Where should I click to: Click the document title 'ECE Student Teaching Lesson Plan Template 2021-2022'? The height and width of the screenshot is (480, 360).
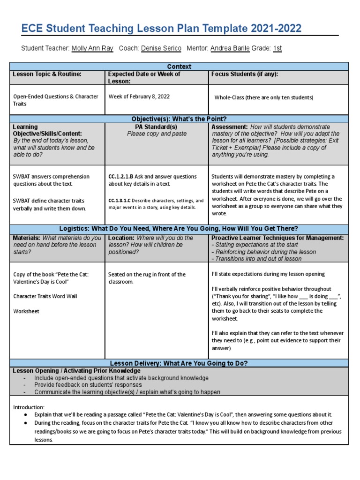(x=161, y=29)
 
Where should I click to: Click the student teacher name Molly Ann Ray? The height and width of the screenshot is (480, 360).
(x=92, y=48)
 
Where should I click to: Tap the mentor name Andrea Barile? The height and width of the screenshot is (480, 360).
(x=230, y=48)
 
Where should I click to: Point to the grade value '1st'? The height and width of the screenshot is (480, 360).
(x=277, y=48)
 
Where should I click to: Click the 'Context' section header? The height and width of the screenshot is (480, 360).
(x=179, y=67)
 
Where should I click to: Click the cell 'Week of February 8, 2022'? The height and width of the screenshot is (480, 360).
(x=139, y=97)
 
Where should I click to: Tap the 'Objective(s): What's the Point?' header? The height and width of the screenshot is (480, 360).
(x=179, y=119)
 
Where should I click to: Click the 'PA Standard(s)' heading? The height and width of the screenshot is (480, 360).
(x=157, y=127)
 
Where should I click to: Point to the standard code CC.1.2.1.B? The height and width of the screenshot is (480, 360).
(x=121, y=177)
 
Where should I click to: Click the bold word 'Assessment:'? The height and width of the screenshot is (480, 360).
(x=230, y=127)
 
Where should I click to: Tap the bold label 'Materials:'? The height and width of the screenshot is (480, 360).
(x=27, y=238)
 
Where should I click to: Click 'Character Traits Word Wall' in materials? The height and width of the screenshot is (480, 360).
(x=45, y=296)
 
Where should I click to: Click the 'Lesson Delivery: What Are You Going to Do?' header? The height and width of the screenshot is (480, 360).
(x=179, y=363)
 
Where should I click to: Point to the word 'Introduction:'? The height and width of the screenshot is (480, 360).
(x=29, y=407)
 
